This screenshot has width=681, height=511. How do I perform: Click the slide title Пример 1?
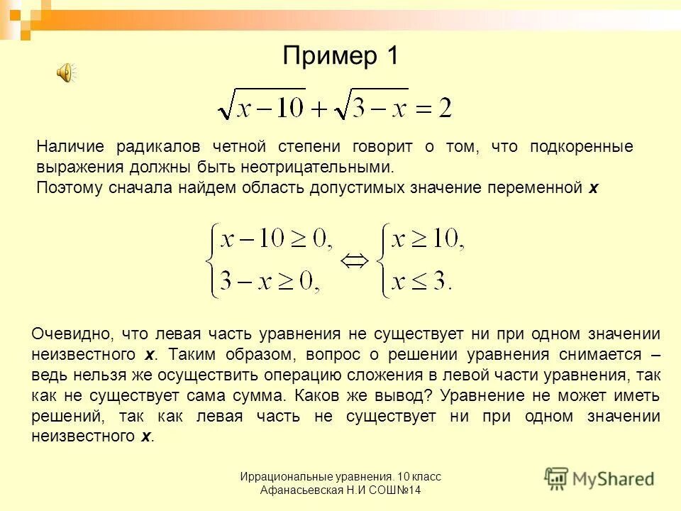pyautogui.click(x=340, y=55)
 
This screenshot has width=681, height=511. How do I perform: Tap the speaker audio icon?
pyautogui.click(x=65, y=72)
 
